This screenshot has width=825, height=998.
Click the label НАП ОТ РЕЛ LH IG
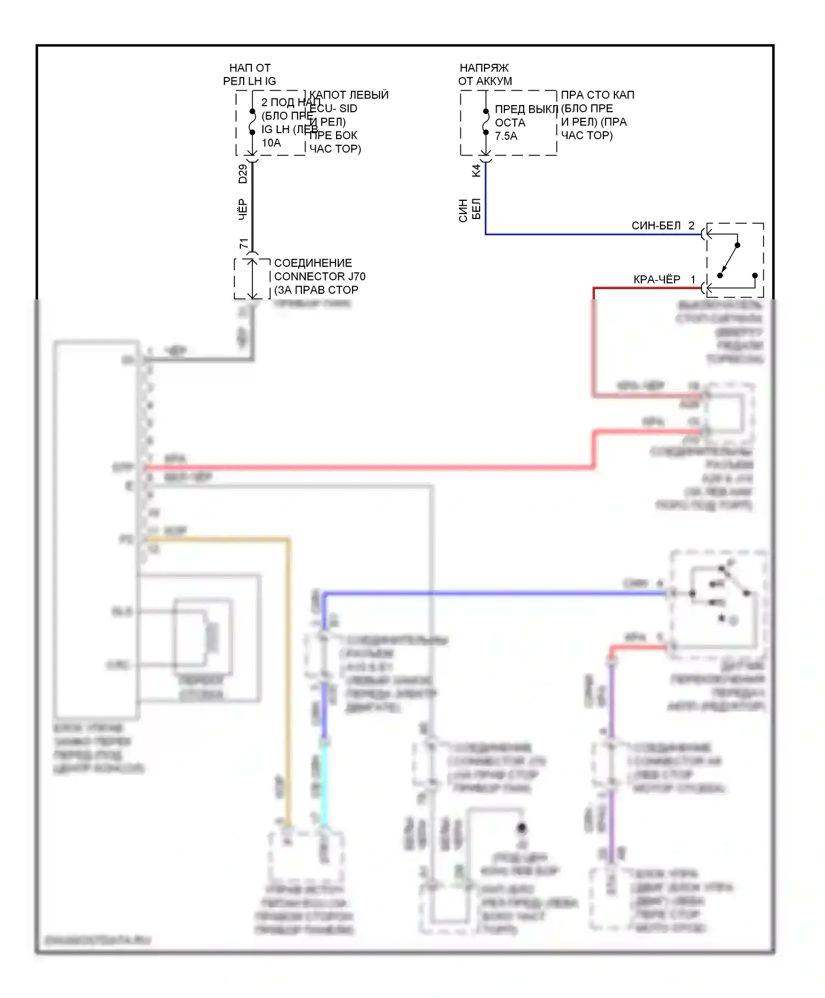coord(250,74)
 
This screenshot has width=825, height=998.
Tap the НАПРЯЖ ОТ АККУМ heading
coord(485,74)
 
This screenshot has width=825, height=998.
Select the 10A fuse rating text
coord(271,143)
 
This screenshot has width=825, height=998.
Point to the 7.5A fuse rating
coord(506,136)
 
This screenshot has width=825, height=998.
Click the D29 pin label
coord(243,174)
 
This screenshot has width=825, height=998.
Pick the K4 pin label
coord(476,171)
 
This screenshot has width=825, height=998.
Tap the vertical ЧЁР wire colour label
coord(243,210)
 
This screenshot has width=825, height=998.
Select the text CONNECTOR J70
coord(320,276)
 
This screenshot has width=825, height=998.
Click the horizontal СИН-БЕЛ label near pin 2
coord(656,226)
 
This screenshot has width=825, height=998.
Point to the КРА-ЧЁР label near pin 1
coord(657,279)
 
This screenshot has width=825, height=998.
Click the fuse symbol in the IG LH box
coord(252,122)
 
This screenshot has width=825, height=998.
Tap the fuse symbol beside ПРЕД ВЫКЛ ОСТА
coord(486,122)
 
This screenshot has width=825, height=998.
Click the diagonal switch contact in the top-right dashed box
coord(729,260)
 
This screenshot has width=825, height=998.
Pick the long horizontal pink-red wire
coord(369,468)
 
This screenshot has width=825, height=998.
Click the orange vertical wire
coord(288,682)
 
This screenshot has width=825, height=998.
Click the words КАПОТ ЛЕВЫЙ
coord(349,95)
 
